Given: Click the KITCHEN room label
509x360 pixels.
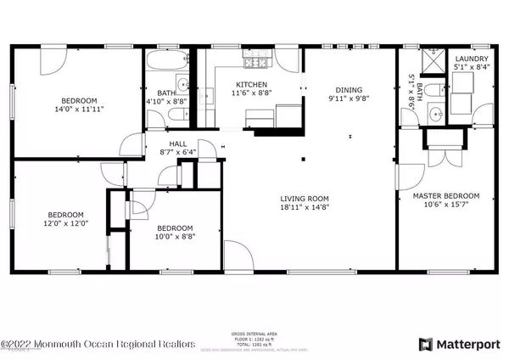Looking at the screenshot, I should (252, 85).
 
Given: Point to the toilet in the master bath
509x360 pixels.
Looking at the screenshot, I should (432, 90).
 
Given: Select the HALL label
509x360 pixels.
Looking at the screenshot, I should (177, 144).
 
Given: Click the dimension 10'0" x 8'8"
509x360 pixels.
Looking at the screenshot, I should (174, 237).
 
